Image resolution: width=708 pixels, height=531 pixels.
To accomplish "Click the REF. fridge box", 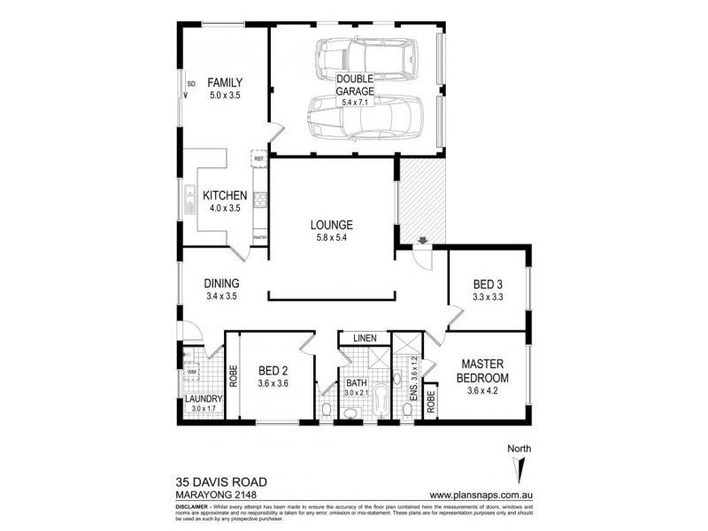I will point(259,160).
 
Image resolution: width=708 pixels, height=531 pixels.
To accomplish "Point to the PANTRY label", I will point(260,238).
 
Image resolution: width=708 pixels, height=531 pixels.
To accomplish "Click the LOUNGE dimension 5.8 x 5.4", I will point(332,238).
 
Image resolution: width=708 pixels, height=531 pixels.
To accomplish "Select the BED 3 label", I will point(487,284).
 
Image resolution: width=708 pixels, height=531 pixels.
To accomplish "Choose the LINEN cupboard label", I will point(365,338).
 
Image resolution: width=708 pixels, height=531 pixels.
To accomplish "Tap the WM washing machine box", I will point(190,373).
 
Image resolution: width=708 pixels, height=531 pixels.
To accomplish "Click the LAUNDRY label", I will point(203,398).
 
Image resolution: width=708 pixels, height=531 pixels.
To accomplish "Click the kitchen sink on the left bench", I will point(189,201).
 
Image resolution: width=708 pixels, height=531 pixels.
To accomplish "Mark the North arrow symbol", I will point(519,464).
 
